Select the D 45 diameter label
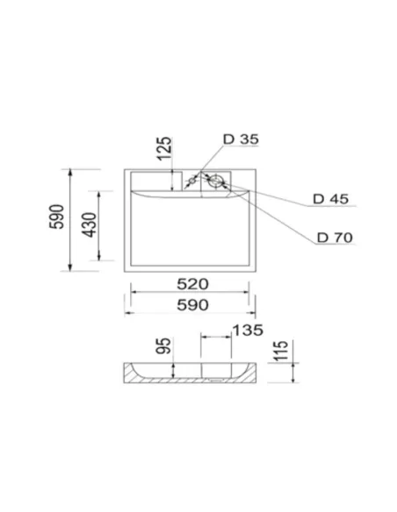(x=331, y=199)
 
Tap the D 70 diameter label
(x=336, y=237)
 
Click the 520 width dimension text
(x=192, y=283)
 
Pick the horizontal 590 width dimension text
(x=192, y=304)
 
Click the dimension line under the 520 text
(x=192, y=292)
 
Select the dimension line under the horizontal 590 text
(x=192, y=313)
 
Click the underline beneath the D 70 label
(x=338, y=246)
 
